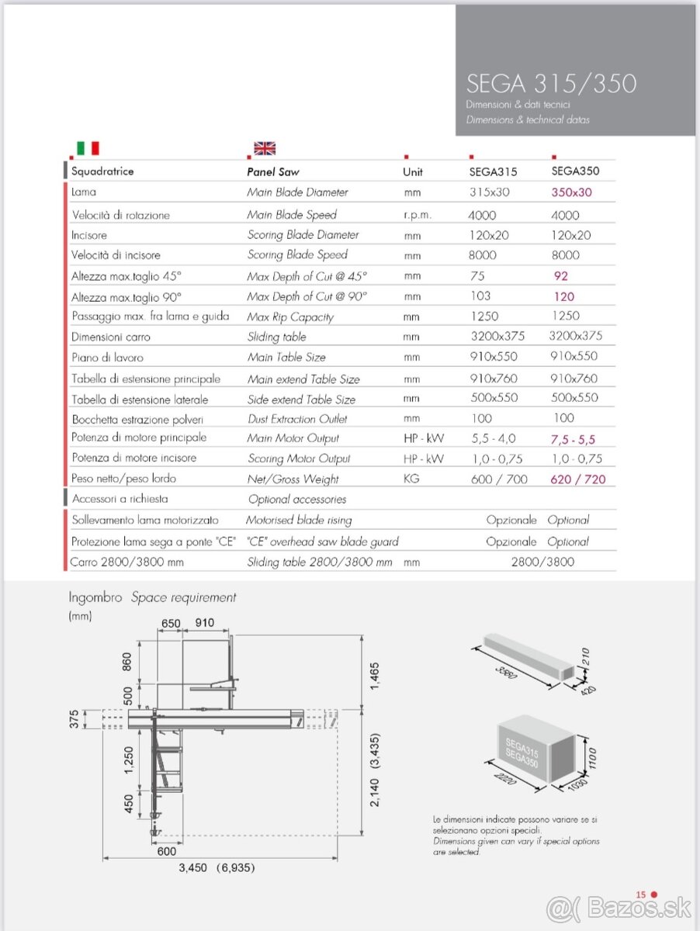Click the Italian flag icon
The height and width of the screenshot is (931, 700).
(x=88, y=147)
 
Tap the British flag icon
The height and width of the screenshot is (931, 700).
(x=265, y=148)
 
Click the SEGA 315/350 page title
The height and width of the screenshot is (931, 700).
(x=551, y=83)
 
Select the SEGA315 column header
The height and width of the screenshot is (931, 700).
(x=494, y=171)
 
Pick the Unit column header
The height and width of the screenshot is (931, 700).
(x=413, y=171)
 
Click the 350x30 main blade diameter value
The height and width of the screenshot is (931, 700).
(x=571, y=192)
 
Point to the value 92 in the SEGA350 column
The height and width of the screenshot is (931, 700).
(x=561, y=275)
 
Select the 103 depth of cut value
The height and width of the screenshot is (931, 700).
(x=481, y=296)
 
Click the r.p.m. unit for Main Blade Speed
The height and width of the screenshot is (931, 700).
(x=418, y=215)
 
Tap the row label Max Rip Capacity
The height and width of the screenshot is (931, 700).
(x=290, y=317)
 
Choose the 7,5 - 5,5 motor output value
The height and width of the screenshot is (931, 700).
(x=573, y=438)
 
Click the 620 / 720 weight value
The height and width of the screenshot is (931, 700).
(x=577, y=479)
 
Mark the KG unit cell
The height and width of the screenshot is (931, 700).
(x=411, y=479)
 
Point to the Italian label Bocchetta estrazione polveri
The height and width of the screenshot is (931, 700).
(x=132, y=419)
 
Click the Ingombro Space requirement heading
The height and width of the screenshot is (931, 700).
(x=152, y=597)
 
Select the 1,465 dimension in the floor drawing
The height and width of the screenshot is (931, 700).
(x=375, y=677)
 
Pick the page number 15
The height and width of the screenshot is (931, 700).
(x=641, y=895)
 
